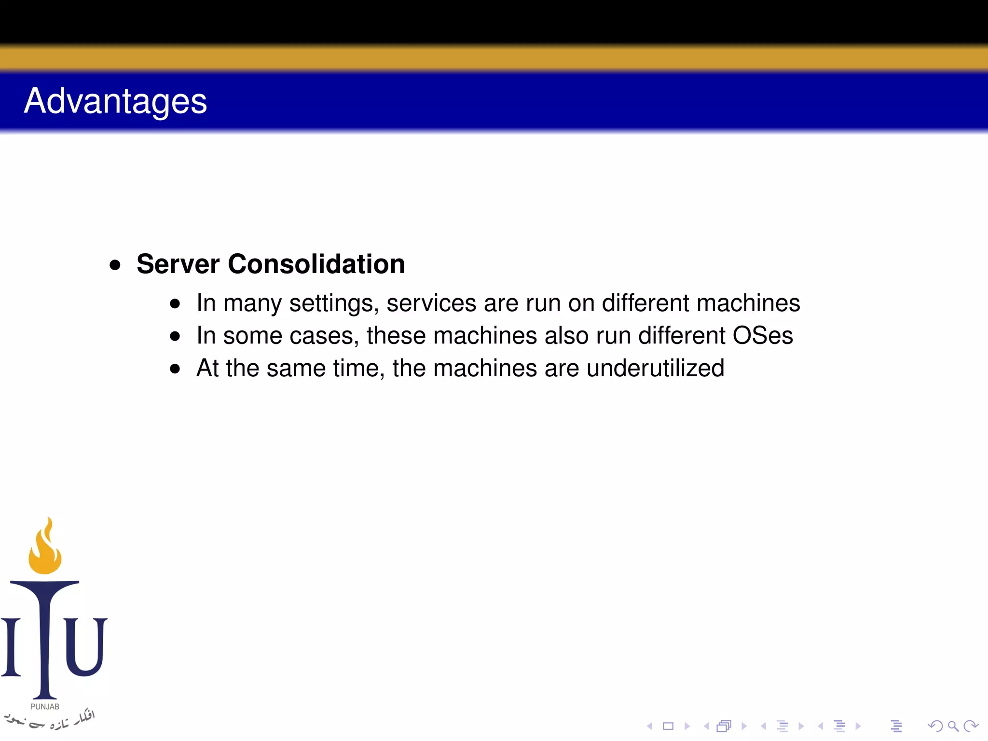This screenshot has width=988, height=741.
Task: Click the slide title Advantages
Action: coord(115,101)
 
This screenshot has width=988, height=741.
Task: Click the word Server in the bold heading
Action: coord(178,264)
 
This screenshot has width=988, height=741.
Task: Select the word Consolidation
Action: coord(316,264)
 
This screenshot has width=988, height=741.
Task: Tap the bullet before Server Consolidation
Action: coord(115,265)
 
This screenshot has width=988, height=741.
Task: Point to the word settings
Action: coord(333,304)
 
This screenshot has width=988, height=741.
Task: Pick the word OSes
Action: coord(762,336)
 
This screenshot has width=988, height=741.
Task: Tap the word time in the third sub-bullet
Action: coord(358,369)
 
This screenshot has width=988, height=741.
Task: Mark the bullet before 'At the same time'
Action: coord(175,369)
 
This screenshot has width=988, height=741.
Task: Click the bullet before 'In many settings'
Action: coord(175,304)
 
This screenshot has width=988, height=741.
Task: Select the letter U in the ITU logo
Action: coord(86,646)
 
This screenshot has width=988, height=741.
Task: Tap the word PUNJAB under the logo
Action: coord(45,706)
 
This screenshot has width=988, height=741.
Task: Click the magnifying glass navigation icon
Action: coord(953,726)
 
